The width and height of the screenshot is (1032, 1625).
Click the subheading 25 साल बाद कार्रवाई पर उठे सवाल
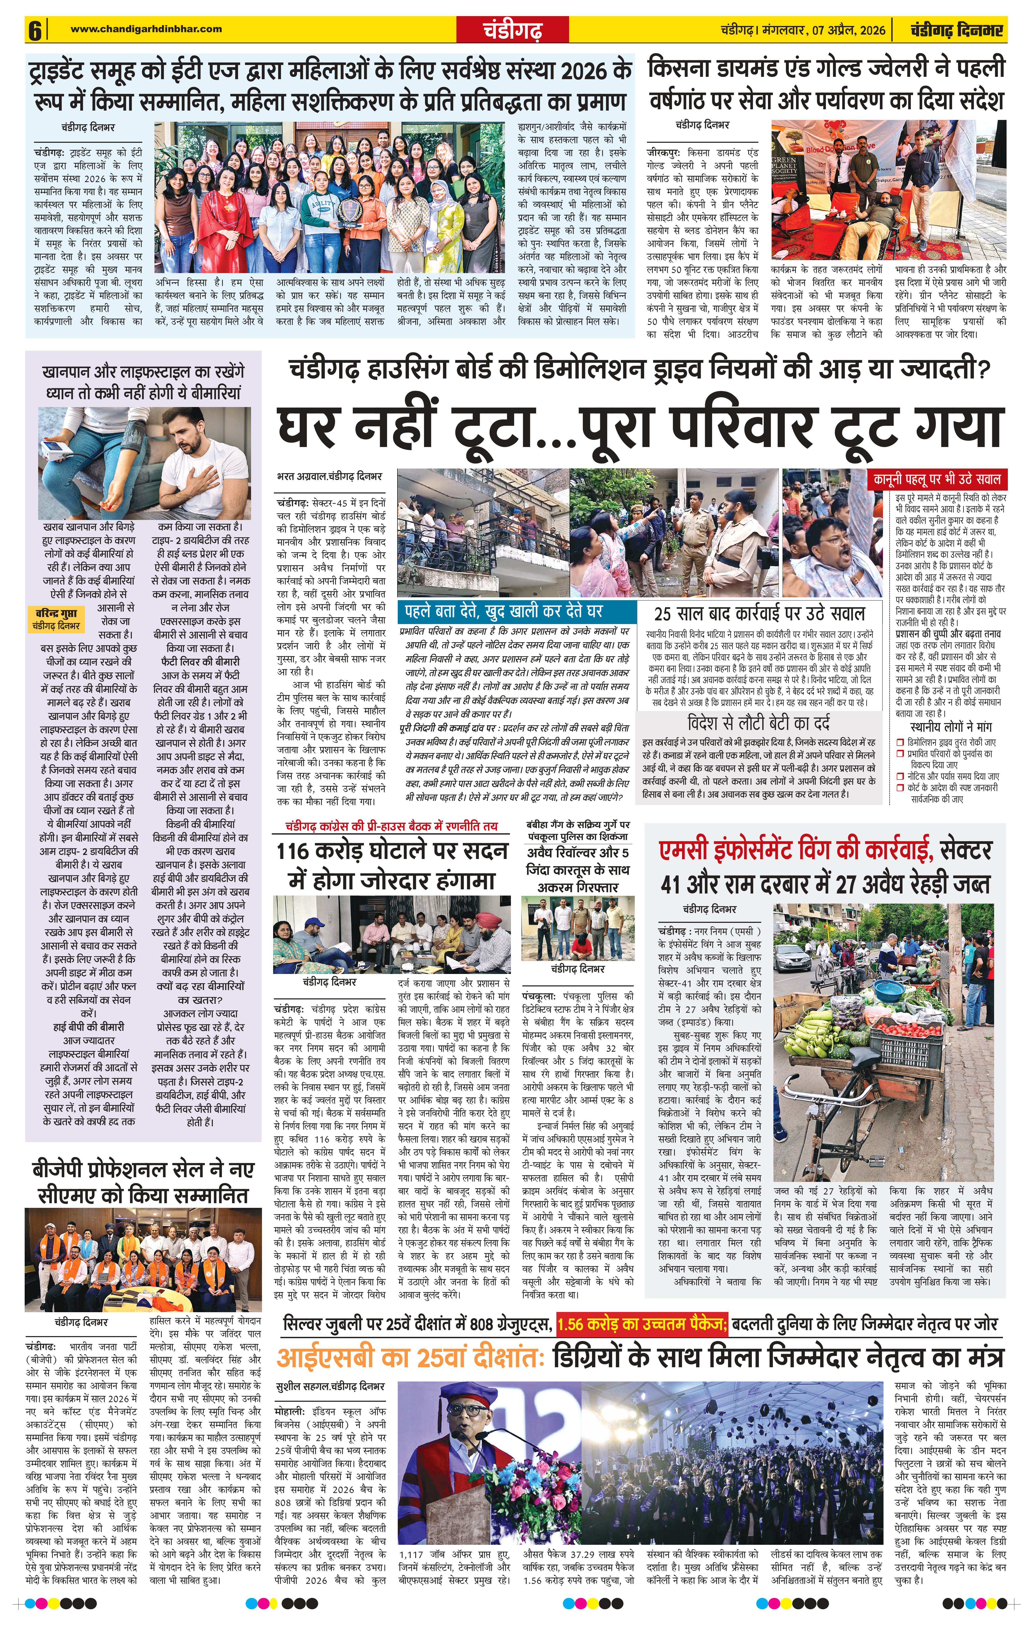click(759, 613)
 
